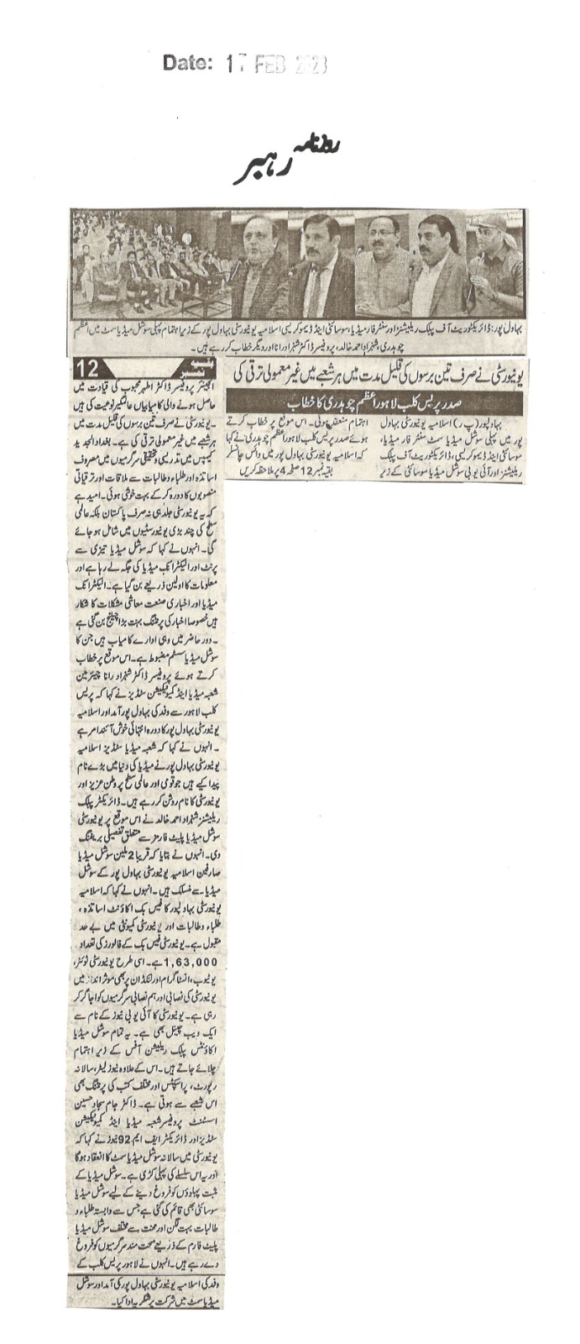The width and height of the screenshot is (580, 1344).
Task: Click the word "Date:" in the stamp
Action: coord(188,63)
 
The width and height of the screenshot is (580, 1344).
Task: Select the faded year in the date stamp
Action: coord(310,64)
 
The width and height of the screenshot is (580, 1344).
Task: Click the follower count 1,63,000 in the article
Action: coord(190,959)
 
